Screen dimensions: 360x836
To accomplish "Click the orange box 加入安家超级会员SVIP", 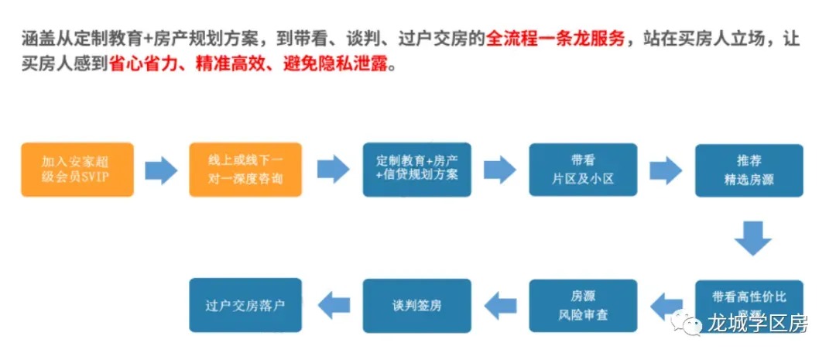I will click(x=77, y=170).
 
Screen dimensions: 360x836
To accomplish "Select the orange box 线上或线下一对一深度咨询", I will click(x=245, y=170).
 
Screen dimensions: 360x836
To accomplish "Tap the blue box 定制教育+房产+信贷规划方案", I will click(x=416, y=170).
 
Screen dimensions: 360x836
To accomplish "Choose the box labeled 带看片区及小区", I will click(x=583, y=170).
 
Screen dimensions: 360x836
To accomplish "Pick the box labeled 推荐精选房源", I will click(x=749, y=170).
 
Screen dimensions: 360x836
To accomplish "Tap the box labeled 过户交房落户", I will click(x=245, y=304).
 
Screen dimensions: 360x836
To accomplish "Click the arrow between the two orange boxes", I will click(x=161, y=170).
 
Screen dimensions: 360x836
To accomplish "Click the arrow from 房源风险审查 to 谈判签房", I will click(x=500, y=305).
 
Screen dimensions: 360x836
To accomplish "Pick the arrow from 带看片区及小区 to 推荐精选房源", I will click(x=666, y=170).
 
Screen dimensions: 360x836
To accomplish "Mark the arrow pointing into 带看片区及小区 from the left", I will click(x=499, y=170).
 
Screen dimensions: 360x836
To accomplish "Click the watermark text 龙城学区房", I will click(x=758, y=324).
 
